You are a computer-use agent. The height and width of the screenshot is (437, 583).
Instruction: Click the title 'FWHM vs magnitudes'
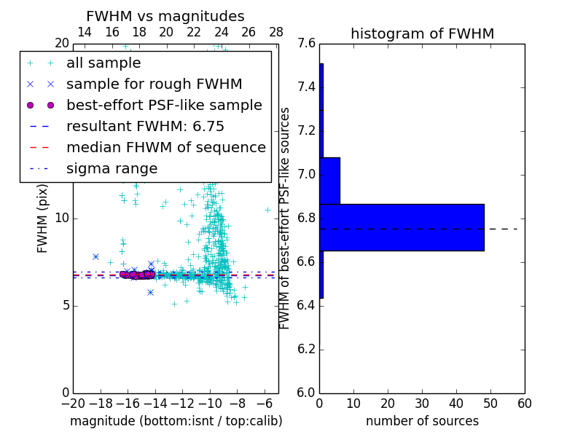[165, 17]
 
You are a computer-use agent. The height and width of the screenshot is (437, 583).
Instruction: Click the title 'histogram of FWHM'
[422, 34]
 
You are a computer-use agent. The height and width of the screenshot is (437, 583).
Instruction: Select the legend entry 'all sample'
[103, 63]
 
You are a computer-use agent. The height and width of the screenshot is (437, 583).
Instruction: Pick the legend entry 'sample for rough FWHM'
[154, 84]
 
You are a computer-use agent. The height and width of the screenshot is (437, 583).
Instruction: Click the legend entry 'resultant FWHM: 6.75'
[145, 126]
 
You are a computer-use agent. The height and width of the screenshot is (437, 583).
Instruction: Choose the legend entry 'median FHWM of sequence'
[165, 147]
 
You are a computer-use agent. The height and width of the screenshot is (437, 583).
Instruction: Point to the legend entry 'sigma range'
[111, 168]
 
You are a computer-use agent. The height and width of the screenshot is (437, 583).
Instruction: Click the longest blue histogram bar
[402, 227]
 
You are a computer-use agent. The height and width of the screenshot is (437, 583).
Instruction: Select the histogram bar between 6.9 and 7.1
[329, 181]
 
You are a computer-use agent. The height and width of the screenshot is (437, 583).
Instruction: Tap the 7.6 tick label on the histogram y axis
[306, 44]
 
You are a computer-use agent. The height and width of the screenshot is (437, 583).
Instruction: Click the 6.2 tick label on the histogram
[306, 349]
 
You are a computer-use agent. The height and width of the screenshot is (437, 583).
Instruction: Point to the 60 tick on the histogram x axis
[524, 403]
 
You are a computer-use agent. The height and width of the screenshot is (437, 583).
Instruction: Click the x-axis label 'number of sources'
[422, 421]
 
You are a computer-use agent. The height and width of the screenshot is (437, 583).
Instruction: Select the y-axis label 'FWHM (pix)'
[43, 219]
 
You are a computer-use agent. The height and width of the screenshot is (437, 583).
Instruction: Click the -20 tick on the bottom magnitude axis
[73, 403]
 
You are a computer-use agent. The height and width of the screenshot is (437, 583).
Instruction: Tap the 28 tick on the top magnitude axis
[276, 32]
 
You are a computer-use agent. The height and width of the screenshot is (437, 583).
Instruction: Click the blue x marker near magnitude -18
[95, 256]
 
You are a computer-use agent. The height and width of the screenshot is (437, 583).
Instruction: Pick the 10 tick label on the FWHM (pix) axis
[61, 219]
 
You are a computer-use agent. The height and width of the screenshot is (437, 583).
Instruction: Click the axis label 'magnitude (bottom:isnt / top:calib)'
[176, 421]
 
